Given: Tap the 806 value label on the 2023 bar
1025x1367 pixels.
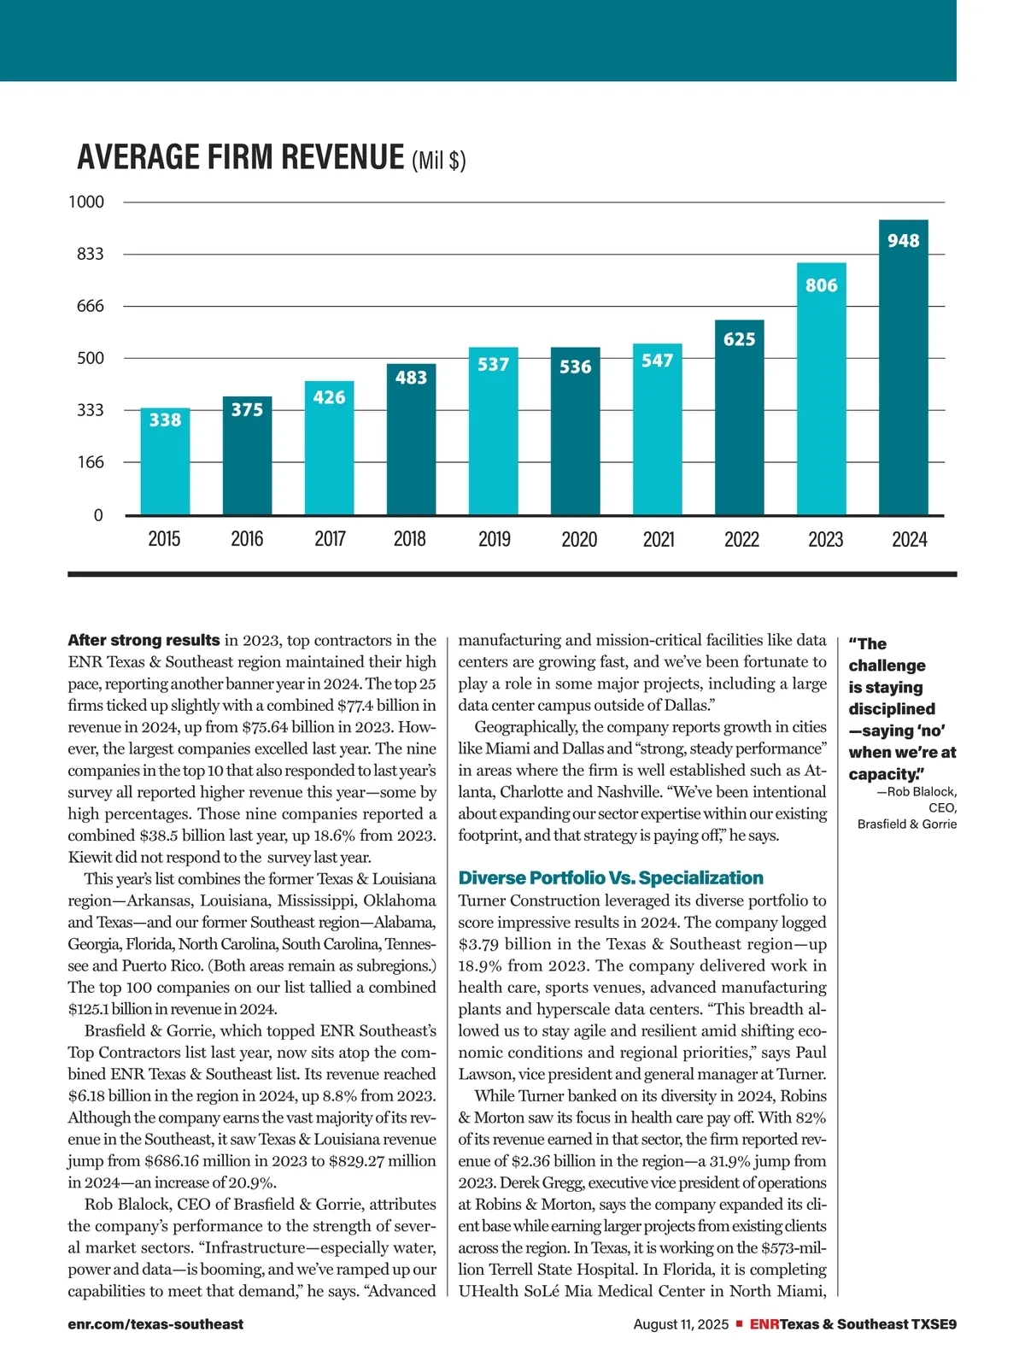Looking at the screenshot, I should [821, 285].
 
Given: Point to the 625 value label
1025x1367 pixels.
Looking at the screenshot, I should [739, 339].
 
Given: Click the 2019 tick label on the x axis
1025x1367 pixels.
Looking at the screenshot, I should [494, 539].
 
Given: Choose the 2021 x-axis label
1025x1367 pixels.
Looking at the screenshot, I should [658, 539].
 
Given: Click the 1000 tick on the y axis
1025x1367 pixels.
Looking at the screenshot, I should [86, 202].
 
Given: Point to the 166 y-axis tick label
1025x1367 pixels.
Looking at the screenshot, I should [90, 462].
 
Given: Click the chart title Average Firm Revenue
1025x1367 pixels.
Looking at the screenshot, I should [240, 158].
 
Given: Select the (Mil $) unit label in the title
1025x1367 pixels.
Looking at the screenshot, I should [439, 161].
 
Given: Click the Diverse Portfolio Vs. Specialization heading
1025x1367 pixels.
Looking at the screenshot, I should [611, 877].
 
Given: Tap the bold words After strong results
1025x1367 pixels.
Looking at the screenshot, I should [143, 640].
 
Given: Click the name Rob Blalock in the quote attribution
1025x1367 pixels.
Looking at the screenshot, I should [921, 792].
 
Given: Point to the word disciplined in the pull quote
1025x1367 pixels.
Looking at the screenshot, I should [891, 709].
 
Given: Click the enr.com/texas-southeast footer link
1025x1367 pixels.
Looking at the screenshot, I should [155, 1324].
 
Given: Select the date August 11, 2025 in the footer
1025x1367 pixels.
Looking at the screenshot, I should [681, 1324].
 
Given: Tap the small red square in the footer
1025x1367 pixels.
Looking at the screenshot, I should [740, 1324].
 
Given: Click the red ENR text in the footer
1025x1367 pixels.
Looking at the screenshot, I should [764, 1324].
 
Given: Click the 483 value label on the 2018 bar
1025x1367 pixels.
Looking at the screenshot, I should [411, 377].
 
